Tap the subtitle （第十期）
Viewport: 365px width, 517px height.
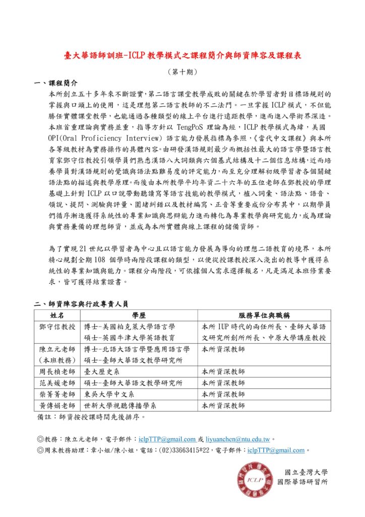[x=182, y=72]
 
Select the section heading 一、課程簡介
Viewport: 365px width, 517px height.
[x=55, y=83]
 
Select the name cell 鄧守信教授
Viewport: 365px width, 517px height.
[x=57, y=326]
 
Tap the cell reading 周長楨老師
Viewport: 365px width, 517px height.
[x=57, y=372]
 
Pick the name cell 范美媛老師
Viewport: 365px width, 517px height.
[x=57, y=383]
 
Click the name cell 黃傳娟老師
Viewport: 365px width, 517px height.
[x=57, y=405]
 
